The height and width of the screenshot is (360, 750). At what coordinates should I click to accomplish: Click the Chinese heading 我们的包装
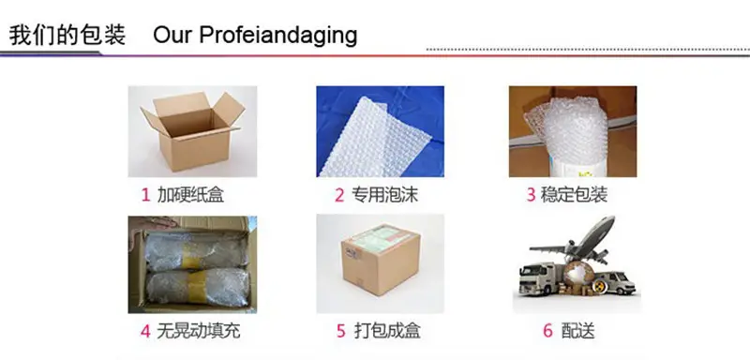pos(67,36)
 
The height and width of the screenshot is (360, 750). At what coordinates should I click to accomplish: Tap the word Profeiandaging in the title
pos(277,36)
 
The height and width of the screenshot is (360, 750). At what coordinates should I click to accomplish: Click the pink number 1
pos(146,195)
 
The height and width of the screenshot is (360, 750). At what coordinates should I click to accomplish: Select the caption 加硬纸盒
pos(190,195)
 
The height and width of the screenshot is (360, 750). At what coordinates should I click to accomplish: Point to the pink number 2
pos(339,195)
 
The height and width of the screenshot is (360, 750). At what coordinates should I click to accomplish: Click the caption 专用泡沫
pos(385,195)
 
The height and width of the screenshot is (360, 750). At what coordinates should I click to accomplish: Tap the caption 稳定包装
pos(574,195)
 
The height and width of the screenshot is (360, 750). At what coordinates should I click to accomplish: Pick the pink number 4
pos(145,331)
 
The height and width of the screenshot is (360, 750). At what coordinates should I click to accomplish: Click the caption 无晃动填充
pos(199,331)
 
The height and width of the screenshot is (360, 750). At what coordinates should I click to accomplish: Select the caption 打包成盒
pos(387,331)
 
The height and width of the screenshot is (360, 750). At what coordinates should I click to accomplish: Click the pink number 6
pos(548,331)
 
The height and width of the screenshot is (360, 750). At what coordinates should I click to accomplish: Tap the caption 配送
pos(577,331)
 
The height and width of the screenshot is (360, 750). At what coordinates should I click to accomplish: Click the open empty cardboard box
pos(193,130)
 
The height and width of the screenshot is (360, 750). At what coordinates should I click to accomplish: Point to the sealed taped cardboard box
pos(381,260)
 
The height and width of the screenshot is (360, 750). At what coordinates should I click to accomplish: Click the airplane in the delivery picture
pos(574,242)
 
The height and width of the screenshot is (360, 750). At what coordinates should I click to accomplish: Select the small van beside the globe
pos(617,283)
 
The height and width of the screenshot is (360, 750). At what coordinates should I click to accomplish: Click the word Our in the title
pos(172,36)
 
